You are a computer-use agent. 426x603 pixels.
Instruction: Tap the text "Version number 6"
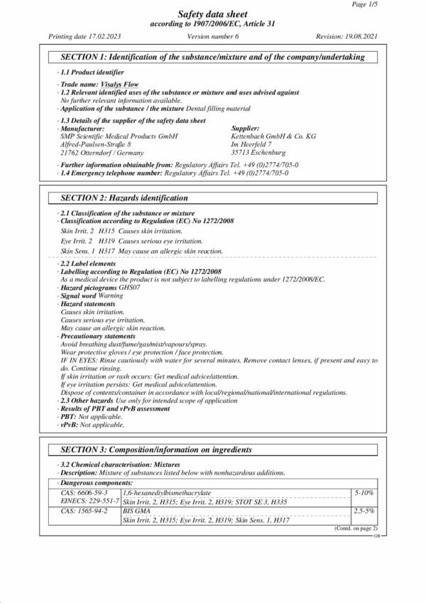213,35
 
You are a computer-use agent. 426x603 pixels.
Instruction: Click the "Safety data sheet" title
213,13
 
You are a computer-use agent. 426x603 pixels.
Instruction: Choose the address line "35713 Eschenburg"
258,152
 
